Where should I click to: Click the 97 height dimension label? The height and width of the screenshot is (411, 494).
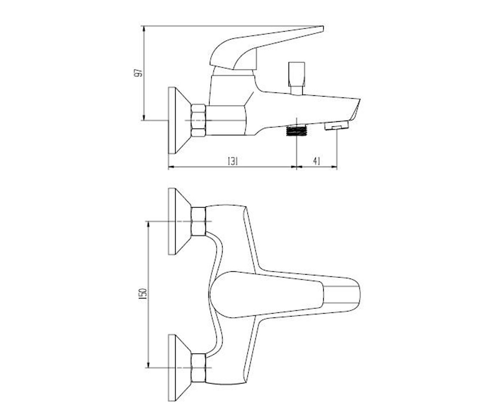click(x=139, y=73)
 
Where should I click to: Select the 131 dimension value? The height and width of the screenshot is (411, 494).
click(x=233, y=162)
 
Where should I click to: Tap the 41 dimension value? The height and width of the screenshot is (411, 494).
click(x=316, y=162)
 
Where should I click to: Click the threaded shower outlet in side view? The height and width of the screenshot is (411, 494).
click(x=297, y=131)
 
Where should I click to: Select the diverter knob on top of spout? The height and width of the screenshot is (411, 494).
click(x=296, y=79)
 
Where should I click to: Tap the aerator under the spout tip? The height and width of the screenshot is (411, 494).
click(x=337, y=125)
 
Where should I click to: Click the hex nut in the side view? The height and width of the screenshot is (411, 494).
click(x=198, y=120)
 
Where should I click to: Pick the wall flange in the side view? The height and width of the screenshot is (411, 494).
click(x=179, y=120)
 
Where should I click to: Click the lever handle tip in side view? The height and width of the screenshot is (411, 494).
click(x=322, y=29)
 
